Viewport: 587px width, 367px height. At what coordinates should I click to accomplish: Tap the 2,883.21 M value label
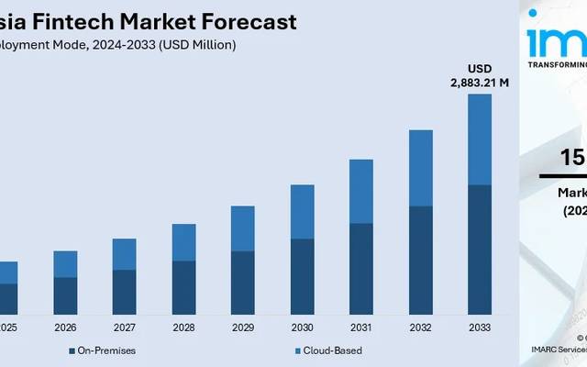[479, 83]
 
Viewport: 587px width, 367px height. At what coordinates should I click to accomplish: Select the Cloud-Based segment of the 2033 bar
[479, 139]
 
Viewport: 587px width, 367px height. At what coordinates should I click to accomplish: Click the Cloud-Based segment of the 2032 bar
[420, 168]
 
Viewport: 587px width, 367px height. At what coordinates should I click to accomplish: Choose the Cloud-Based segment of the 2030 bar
[302, 211]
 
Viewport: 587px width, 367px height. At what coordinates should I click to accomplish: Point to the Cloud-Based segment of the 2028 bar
[183, 242]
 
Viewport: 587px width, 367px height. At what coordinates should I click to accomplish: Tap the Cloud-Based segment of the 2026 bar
[65, 263]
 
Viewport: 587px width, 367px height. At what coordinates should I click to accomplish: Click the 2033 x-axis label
[479, 328]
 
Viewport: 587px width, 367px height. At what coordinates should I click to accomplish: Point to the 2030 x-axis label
[302, 328]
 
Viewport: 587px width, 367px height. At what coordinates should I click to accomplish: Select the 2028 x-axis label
[183, 328]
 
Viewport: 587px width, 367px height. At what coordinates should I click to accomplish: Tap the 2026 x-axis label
[65, 328]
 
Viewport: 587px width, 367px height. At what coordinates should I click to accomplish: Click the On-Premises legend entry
[102, 350]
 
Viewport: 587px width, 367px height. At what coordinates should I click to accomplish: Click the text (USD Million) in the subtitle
[196, 43]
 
